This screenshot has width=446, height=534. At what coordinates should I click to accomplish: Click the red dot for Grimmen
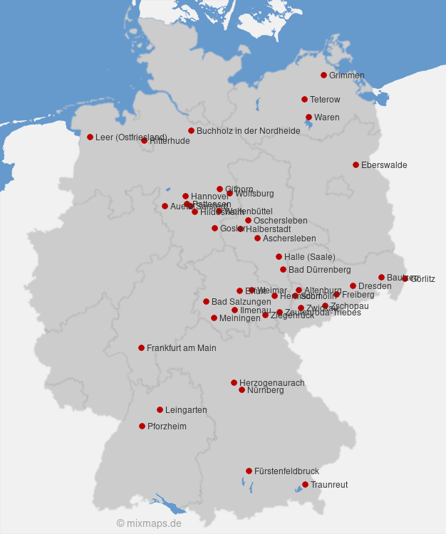pyautogui.click(x=323, y=75)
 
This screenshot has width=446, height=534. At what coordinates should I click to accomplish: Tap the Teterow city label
pyautogui.click(x=325, y=100)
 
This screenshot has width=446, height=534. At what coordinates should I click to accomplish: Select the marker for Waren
pyautogui.click(x=308, y=117)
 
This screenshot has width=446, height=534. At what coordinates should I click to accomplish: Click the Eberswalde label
pyautogui.click(x=384, y=165)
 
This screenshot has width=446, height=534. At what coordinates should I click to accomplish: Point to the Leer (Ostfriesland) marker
pyautogui.click(x=90, y=137)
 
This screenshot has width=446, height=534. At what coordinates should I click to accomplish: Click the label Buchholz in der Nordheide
pyautogui.click(x=248, y=131)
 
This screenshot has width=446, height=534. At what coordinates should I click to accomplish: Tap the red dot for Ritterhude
pyautogui.click(x=144, y=141)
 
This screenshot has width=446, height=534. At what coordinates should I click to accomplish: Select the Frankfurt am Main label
pyautogui.click(x=181, y=348)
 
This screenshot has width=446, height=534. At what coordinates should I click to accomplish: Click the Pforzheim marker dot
pyautogui.click(x=142, y=426)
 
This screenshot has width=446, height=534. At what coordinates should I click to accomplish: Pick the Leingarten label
pyautogui.click(x=186, y=410)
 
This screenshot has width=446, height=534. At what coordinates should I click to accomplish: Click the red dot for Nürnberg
pyautogui.click(x=242, y=389)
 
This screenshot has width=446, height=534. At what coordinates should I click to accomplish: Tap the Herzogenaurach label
pyautogui.click(x=271, y=383)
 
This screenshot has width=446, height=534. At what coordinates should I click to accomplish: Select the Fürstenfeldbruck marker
pyautogui.click(x=249, y=471)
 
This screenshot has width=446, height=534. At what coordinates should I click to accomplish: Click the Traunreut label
pyautogui.click(x=329, y=485)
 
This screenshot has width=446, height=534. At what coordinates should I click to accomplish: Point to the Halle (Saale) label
pyautogui.click(x=309, y=257)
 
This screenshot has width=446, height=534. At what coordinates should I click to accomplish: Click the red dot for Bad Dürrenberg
pyautogui.click(x=283, y=269)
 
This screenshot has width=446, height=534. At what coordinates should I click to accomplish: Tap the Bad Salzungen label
pyautogui.click(x=241, y=302)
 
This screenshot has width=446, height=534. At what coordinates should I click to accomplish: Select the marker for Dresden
pyautogui.click(x=353, y=286)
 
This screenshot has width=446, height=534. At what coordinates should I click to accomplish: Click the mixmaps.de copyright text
pyautogui.click(x=149, y=523)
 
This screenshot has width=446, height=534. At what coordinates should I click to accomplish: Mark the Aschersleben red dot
pyautogui.click(x=257, y=238)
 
